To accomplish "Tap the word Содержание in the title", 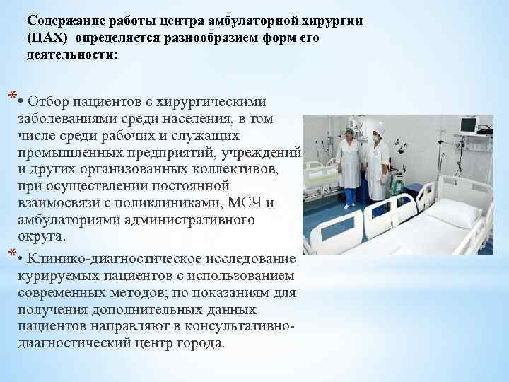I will coord(62,21).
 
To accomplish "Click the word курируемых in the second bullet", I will coord(52,274).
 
